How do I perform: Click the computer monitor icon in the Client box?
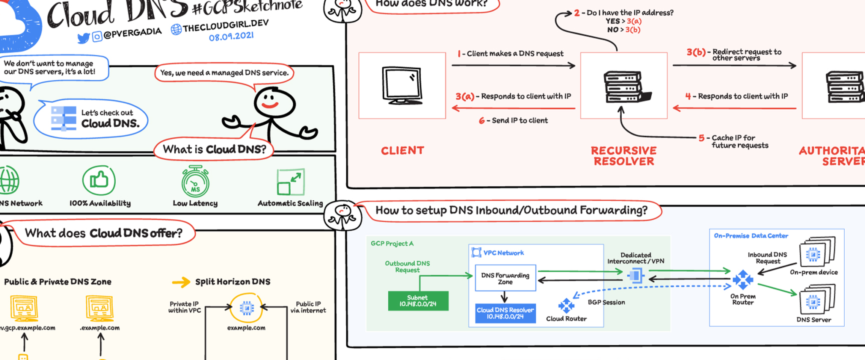point(402,85)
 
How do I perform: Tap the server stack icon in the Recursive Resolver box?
point(624,87)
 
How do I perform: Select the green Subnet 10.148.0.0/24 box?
point(418,301)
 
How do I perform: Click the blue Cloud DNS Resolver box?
point(505,313)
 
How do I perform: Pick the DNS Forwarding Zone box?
point(505,278)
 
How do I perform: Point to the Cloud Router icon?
point(566,305)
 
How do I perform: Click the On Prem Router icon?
point(743,279)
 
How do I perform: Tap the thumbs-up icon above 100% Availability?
point(99,180)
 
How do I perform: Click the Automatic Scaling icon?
point(290,182)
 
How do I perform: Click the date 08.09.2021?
point(231,36)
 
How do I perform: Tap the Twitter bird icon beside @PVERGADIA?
point(83,38)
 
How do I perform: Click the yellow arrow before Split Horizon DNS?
point(181,282)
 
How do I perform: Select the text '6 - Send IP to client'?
point(513,121)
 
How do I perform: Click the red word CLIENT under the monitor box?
point(402,151)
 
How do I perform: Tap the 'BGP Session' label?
point(606,303)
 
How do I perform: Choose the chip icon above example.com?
point(247,308)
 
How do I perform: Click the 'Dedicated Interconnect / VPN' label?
point(636,258)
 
